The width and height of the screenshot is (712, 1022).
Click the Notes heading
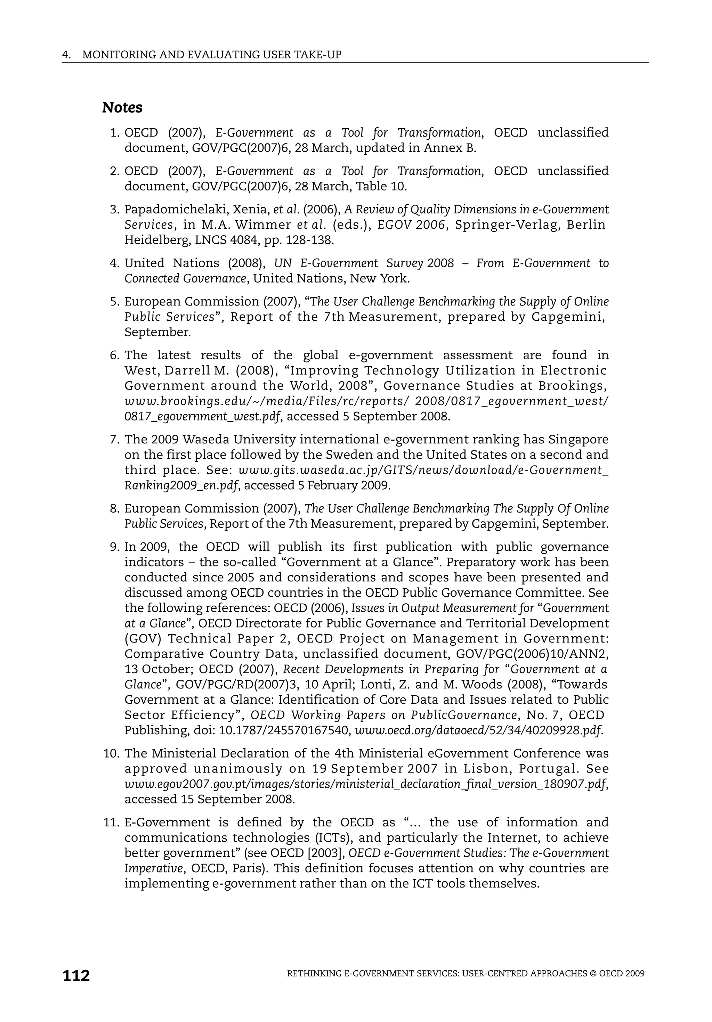point(122,108)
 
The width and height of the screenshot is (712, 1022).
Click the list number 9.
point(114,547)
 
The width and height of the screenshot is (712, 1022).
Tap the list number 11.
point(111,822)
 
